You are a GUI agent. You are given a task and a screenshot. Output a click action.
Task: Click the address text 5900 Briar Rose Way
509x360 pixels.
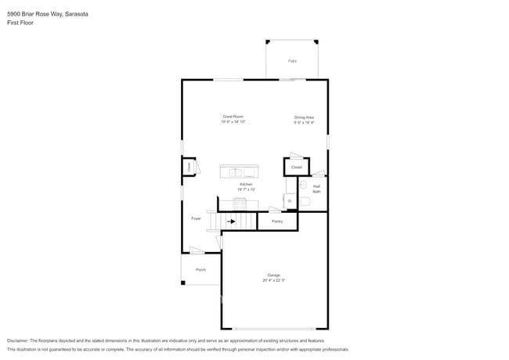(x=32, y=14)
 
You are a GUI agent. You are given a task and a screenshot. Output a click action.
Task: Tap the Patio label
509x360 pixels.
(x=292, y=60)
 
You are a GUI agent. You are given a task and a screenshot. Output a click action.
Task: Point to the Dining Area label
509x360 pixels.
(x=304, y=118)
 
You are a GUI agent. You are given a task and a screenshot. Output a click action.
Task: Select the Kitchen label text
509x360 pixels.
(x=246, y=185)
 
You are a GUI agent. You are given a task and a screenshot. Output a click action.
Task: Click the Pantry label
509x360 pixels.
(x=277, y=221)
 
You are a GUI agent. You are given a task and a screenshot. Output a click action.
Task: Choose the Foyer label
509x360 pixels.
(x=196, y=218)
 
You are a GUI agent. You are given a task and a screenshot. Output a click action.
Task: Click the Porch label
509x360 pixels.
(x=200, y=269)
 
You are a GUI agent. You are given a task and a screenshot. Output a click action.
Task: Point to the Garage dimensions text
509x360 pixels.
(x=273, y=280)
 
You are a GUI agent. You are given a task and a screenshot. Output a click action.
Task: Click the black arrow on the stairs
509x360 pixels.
(x=232, y=221)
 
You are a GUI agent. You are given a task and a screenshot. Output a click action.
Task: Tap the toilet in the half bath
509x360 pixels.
(x=304, y=201)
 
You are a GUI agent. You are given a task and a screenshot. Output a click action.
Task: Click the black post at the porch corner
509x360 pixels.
(x=183, y=283)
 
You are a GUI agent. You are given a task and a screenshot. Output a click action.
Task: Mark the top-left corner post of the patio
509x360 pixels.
(x=268, y=41)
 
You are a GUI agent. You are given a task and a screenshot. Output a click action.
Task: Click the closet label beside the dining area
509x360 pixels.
(x=296, y=167)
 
